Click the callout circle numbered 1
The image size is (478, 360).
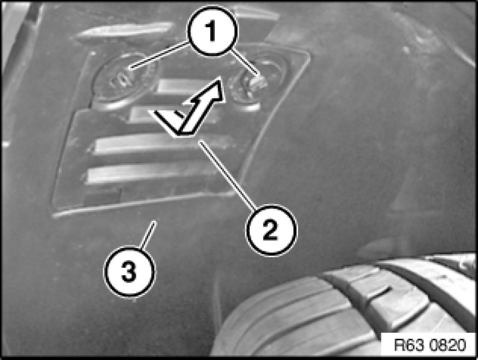point(212,31)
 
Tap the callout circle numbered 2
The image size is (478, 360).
point(271,230)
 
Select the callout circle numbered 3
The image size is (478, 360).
point(129,272)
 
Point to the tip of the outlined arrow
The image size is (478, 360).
point(220,78)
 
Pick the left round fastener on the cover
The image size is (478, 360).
point(122,81)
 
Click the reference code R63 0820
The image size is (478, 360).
point(430,345)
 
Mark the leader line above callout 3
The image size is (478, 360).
point(148,235)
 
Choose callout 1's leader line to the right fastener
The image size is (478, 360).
point(244,62)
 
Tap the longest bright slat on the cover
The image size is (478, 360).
point(162,144)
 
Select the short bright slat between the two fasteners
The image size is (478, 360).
point(180,86)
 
